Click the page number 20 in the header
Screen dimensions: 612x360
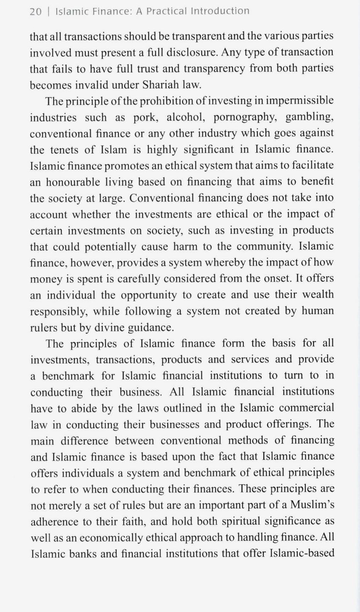point(35,11)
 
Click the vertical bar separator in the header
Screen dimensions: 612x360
point(49,11)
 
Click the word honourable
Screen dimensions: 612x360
point(73,182)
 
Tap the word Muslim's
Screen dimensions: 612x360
point(312,505)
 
